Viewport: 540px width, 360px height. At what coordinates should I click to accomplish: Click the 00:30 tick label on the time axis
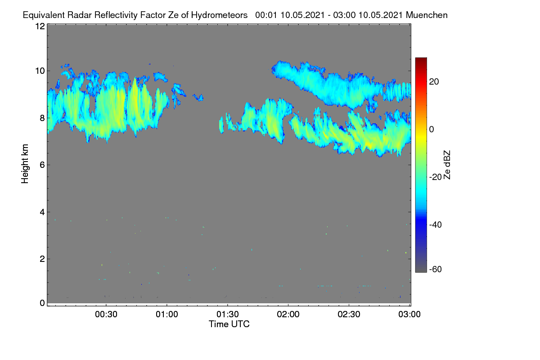106,315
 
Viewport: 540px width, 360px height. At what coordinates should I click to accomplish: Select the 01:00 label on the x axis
167,315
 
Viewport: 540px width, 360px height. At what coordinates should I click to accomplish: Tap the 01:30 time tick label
228,315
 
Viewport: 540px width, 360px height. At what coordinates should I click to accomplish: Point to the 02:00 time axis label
288,315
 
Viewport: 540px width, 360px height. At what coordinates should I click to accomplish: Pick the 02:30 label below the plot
349,315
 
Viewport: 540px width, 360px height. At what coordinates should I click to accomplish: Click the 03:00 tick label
409,315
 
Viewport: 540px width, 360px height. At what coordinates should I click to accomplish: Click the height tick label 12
40,26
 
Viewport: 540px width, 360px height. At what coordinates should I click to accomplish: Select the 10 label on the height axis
40,71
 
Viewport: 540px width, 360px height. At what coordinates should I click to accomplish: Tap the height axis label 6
42,165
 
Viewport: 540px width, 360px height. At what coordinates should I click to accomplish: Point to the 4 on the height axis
42,212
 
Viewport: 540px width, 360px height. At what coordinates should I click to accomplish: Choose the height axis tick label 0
42,303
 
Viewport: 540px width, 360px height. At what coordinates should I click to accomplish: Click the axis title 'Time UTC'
229,324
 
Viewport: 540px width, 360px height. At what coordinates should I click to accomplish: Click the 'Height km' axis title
25,164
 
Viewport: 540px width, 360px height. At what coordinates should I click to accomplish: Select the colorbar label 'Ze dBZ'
447,165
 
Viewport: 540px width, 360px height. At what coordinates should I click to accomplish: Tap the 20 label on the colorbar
434,82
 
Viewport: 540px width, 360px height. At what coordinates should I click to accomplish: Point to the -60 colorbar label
436,270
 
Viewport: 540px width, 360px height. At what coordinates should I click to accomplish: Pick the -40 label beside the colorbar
436,225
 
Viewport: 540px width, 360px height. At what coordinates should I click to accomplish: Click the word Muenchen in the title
427,15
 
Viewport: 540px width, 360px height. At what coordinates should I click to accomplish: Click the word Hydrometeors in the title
220,15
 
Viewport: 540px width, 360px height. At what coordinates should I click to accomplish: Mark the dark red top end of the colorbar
421,58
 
